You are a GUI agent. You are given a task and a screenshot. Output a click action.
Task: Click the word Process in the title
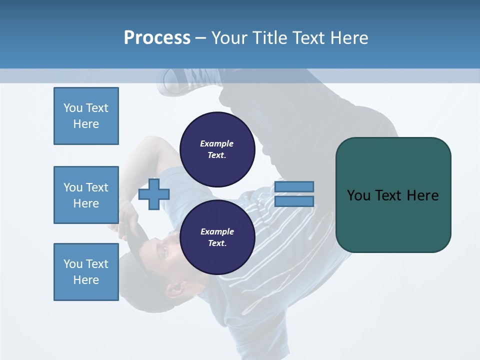pyautogui.click(x=157, y=38)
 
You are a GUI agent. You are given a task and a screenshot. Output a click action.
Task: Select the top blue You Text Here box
pyautogui.click(x=86, y=116)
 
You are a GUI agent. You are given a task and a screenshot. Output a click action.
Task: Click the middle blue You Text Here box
pyautogui.click(x=86, y=195)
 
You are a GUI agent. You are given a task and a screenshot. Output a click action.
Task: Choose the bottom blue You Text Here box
pyautogui.click(x=86, y=272)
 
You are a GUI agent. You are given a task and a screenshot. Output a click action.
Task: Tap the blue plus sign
pyautogui.click(x=154, y=194)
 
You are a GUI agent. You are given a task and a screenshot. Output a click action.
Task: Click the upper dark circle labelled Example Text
pyautogui.click(x=217, y=149)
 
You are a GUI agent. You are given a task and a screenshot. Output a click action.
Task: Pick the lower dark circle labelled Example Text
pyautogui.click(x=217, y=237)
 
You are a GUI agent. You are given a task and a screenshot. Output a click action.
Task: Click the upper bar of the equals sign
pyautogui.click(x=294, y=186)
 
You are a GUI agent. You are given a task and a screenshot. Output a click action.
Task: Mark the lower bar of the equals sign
pyautogui.click(x=294, y=201)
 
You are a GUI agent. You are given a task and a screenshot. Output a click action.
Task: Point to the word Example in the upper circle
pyautogui.click(x=217, y=143)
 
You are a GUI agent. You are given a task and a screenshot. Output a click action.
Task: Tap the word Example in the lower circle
pyautogui.click(x=217, y=231)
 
